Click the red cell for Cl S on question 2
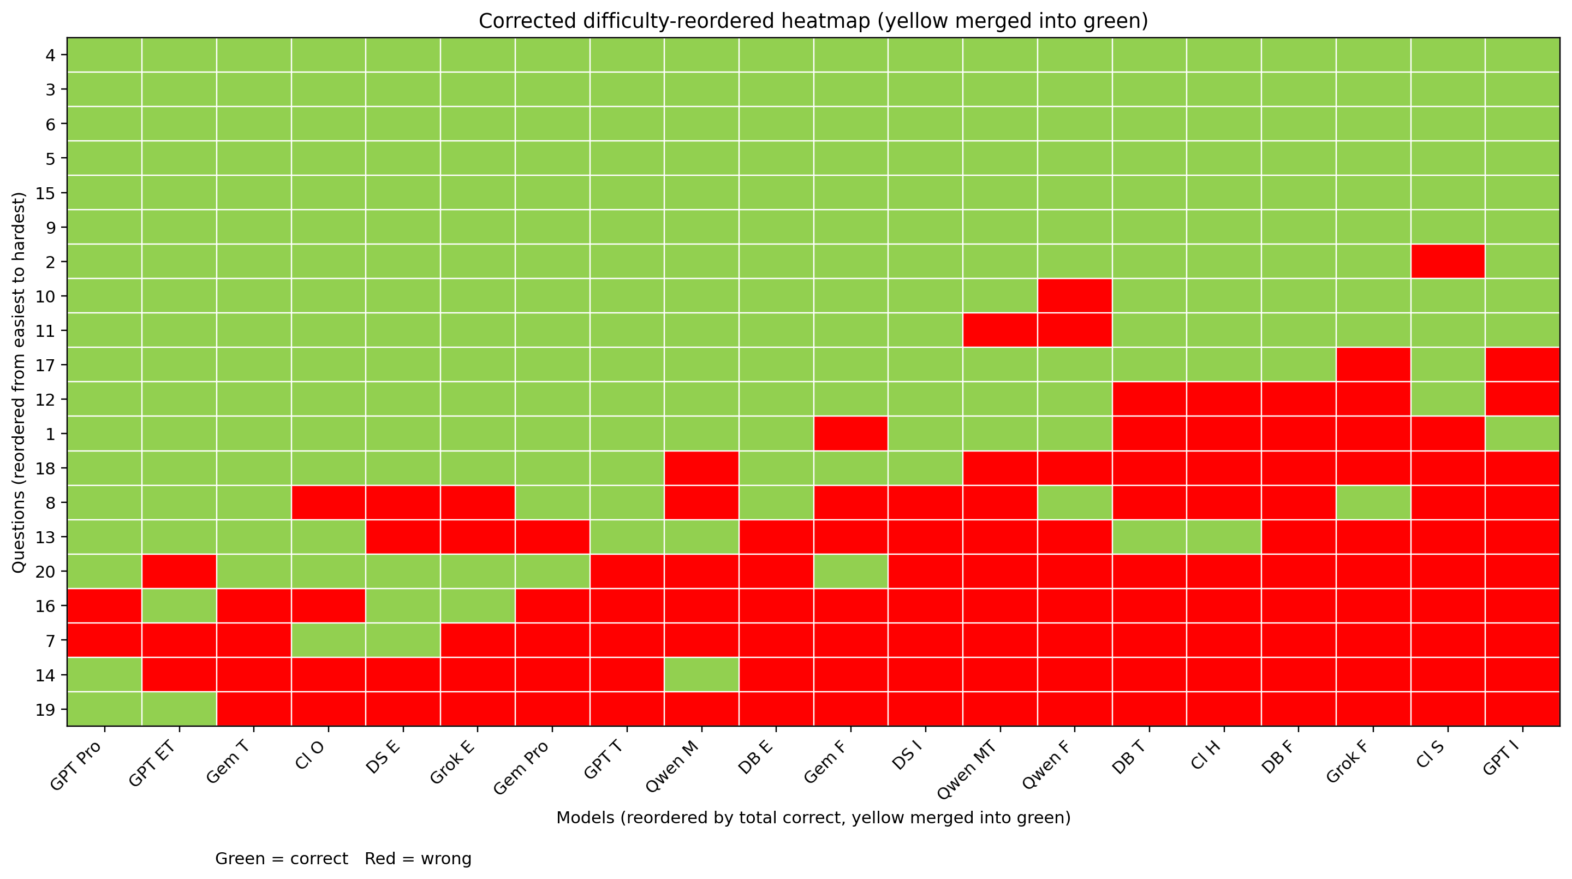click(1448, 262)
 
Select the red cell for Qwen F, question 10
click(1075, 296)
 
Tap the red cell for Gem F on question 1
click(851, 433)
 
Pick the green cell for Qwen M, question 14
click(702, 674)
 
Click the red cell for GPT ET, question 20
click(179, 571)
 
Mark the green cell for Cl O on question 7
click(328, 640)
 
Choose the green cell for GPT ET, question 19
click(179, 709)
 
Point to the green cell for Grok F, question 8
click(1373, 502)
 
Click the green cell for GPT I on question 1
click(1522, 433)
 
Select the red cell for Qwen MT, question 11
click(1000, 330)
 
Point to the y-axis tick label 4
click(51, 56)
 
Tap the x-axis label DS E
click(384, 759)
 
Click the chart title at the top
click(813, 21)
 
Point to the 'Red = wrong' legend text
click(418, 859)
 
